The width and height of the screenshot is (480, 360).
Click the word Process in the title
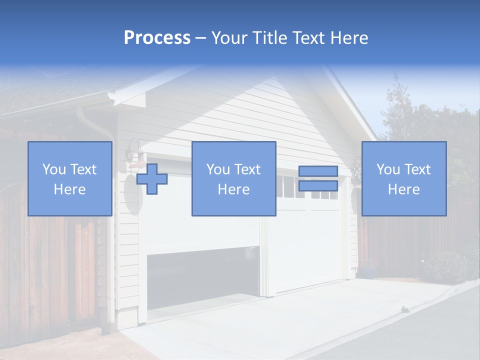pos(157,38)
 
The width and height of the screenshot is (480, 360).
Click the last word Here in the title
pos(348,38)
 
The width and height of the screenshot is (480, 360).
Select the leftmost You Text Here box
pos(70,178)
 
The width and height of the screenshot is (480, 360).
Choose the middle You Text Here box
pos(233,178)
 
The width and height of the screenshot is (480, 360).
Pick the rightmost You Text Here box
pos(404,178)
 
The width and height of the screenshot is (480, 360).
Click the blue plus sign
pos(152,178)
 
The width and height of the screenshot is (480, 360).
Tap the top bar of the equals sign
pos(318,171)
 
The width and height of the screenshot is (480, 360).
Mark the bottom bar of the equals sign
pos(318,186)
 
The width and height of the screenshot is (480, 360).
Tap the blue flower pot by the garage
pos(369,273)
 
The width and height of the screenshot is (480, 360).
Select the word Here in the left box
pos(70,189)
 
